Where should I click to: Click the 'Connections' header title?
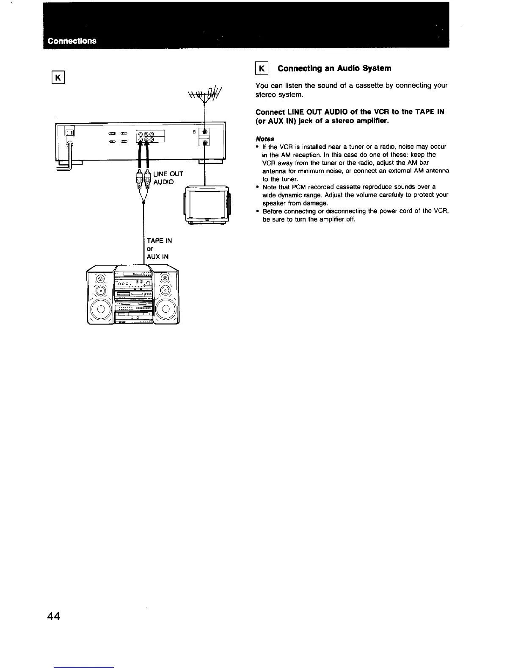72,41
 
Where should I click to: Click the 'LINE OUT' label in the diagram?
168,174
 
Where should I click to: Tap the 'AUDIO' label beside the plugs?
163,182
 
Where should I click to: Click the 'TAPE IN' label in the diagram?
159,241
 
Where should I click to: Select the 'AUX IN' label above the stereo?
157,257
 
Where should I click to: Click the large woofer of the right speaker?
165,308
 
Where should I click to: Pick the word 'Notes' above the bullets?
265,139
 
